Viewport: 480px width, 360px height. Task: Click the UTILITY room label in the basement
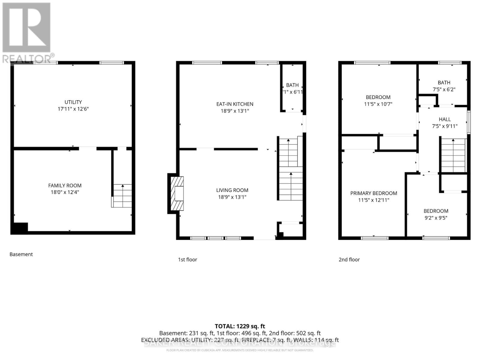pos(73,102)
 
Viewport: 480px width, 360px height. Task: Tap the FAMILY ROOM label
pos(65,185)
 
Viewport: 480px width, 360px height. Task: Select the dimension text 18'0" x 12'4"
pos(65,192)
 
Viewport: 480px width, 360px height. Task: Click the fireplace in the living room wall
pos(177,193)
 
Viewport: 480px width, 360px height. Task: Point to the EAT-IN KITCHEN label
pos(235,104)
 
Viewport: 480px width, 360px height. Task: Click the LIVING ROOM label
pos(232,190)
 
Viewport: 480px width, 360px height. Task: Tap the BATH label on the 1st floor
pos(292,85)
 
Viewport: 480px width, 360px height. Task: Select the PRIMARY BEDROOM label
pos(373,193)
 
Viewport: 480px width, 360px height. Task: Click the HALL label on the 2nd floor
pos(445,119)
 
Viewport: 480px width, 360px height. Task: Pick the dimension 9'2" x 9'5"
pos(436,218)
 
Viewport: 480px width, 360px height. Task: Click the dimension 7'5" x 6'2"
pos(444,89)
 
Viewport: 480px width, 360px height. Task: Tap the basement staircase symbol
pos(122,196)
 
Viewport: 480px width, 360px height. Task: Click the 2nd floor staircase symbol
pos(453,155)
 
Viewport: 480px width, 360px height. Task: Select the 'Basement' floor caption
pos(21,254)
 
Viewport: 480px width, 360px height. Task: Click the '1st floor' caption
pos(187,259)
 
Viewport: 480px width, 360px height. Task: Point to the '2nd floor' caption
pos(349,259)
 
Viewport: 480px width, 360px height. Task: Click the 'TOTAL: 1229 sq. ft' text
pos(240,326)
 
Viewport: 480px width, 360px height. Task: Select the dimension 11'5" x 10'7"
pos(378,104)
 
